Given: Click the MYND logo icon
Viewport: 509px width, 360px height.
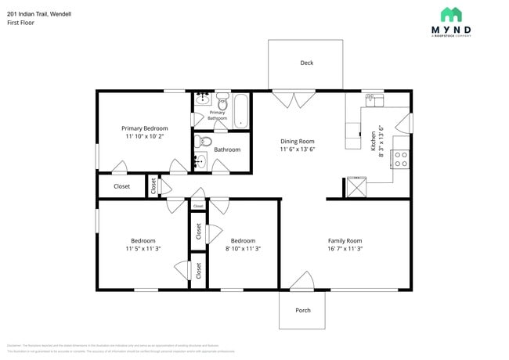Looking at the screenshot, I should pos(450,14).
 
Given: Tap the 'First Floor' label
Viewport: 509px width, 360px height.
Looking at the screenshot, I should pos(20,23).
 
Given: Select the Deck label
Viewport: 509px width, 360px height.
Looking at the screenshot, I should pos(307,63).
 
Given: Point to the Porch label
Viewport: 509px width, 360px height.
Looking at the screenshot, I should pos(303,311).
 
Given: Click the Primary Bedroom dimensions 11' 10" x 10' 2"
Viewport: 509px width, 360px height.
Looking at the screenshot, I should pos(144,136).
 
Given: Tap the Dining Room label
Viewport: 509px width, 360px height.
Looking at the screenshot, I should pos(298,142).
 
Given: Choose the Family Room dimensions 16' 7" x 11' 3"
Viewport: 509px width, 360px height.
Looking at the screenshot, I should pos(345,249).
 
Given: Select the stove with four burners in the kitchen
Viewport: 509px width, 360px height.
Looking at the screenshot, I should pos(400,159).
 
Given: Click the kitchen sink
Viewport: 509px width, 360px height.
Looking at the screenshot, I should pos(374,99).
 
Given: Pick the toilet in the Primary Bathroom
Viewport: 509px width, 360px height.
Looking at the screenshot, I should pos(222,101).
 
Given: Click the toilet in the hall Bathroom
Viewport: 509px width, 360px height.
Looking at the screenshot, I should pos(203,142).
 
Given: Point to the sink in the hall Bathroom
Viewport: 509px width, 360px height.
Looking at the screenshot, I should pos(201,163).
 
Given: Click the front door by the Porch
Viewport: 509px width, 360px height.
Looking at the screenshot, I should pos(301,279).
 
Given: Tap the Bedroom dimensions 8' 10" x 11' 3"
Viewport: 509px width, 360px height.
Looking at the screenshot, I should pos(243,249).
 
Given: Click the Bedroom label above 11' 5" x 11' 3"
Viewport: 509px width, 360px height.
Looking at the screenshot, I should pos(143,240).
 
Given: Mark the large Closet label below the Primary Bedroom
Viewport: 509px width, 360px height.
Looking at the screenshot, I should pos(121,186).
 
